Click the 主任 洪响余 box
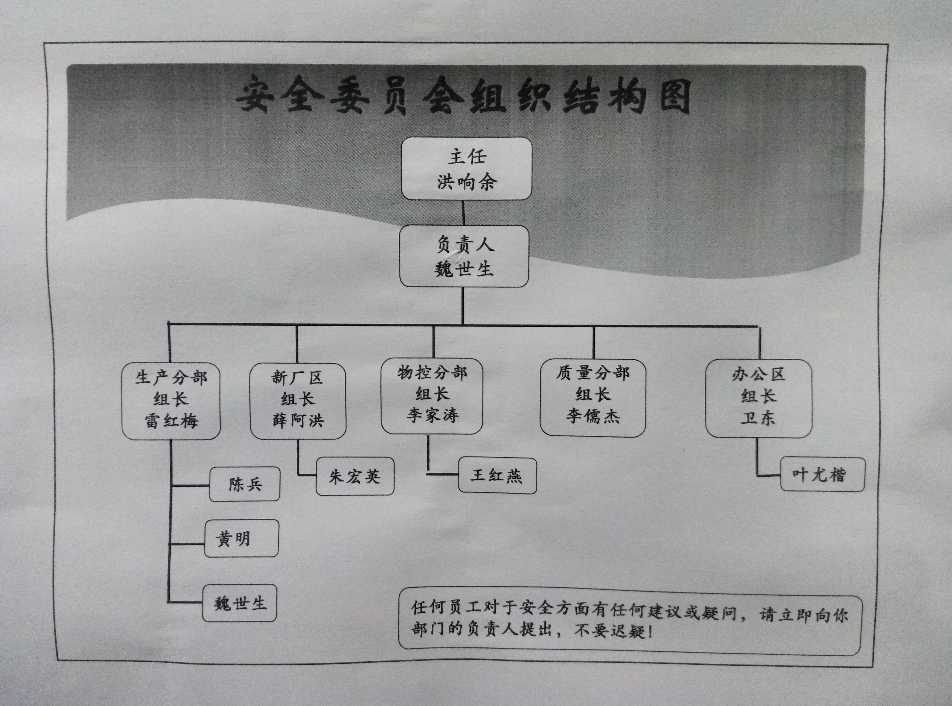point(466,169)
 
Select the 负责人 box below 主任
point(464,256)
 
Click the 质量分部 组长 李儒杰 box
point(593,397)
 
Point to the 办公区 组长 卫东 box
point(758,398)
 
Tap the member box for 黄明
point(241,539)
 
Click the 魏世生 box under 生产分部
point(239,603)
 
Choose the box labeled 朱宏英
point(355,477)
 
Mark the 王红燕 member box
point(497,476)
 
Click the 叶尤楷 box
point(822,474)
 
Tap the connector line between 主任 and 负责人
point(464,212)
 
